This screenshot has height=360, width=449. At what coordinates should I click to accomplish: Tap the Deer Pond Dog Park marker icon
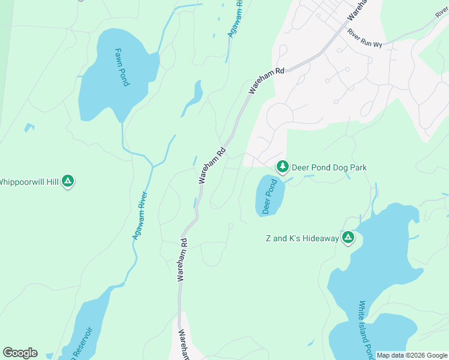point(282,167)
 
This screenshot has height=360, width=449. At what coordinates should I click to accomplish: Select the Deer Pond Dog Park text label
point(329,168)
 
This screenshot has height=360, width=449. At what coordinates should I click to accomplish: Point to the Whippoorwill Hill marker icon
point(68,181)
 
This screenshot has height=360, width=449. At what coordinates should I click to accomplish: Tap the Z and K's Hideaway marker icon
point(348,238)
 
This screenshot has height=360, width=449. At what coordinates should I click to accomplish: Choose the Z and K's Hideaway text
point(303,239)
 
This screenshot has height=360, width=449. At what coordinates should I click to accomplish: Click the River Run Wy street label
point(365,38)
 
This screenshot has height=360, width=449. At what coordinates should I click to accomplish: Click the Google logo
point(20,353)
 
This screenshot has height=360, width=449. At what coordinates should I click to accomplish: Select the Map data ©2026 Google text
point(412,355)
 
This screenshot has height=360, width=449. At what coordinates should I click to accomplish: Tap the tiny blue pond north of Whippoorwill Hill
point(28,127)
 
